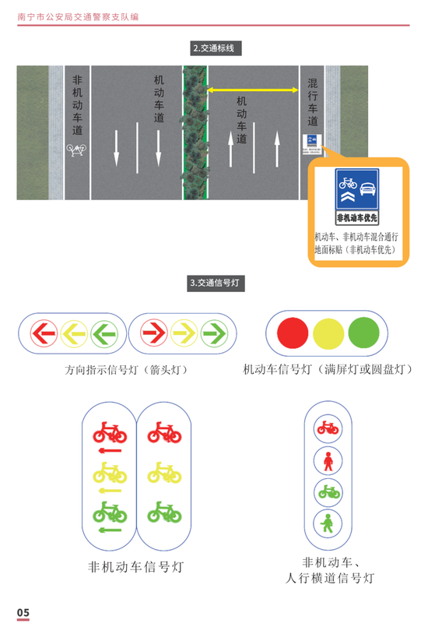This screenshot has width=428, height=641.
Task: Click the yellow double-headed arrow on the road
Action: pyautogui.click(x=253, y=90)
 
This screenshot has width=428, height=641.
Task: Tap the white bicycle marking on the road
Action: pyautogui.click(x=76, y=150)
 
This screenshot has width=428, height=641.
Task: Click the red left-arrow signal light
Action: pyautogui.click(x=44, y=333)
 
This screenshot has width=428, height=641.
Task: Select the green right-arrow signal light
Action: pyautogui.click(x=214, y=333)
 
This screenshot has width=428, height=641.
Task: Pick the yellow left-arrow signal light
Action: pyautogui.click(x=74, y=333)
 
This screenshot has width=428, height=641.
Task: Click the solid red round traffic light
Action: pyautogui.click(x=293, y=333)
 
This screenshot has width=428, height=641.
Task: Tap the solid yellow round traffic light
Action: pyautogui.click(x=328, y=333)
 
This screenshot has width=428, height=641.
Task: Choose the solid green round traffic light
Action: pyautogui.click(x=364, y=333)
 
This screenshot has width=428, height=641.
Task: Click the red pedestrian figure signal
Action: pyautogui.click(x=328, y=461)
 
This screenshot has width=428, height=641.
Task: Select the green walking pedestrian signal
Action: pyautogui.click(x=327, y=523)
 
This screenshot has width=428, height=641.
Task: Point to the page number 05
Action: pyautogui.click(x=23, y=612)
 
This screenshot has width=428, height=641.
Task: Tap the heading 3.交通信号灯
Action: pyautogui.click(x=216, y=283)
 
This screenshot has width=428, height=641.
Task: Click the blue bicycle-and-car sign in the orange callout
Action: pyautogui.click(x=357, y=189)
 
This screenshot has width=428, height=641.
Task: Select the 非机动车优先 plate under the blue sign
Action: pyautogui.click(x=357, y=218)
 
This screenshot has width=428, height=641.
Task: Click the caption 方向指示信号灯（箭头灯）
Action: pyautogui.click(x=126, y=370)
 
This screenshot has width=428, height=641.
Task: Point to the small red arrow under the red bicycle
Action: pyautogui.click(x=110, y=451)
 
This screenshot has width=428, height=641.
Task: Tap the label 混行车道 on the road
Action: pyautogui.click(x=312, y=102)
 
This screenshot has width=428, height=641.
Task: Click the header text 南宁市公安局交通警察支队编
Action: pyautogui.click(x=78, y=17)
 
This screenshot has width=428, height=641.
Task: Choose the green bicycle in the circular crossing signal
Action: pyautogui.click(x=328, y=491)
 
